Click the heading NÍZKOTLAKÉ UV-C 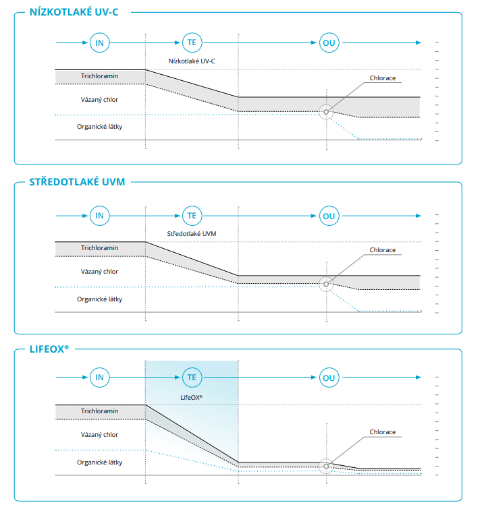pos(74,12)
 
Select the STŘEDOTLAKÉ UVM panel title pos(77,181)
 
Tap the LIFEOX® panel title pos(49,349)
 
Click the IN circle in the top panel pos(99,42)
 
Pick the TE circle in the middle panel pos(192,216)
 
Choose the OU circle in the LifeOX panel pos(329,378)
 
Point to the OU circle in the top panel pos(329,42)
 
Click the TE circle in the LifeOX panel pos(192,378)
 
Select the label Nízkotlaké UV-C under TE pos(192,61)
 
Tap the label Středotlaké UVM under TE pos(192,233)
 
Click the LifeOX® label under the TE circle pos(191,397)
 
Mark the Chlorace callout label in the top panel pos(383,78)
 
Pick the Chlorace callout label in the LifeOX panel pos(383,431)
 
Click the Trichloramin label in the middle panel pos(99,247)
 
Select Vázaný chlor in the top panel pos(99,100)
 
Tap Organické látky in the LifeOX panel pos(99,462)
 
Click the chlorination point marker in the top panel pos(326,112)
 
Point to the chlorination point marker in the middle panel pos(326,284)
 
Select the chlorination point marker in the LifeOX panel pos(326,466)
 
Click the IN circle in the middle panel pos(99,216)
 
